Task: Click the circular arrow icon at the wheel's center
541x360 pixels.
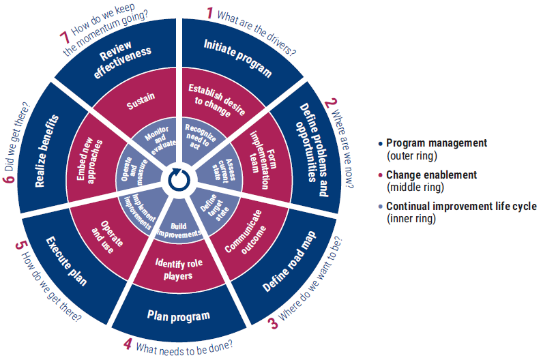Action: click(179, 179)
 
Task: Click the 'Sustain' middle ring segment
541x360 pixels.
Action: click(141, 100)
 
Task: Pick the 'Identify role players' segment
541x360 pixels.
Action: click(179, 269)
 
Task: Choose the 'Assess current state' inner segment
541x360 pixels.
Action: click(222, 170)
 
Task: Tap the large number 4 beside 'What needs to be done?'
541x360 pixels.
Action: click(128, 344)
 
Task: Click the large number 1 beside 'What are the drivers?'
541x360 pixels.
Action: click(209, 13)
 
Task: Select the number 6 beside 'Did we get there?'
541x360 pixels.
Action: click(10, 178)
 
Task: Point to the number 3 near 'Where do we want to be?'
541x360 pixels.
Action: click(273, 323)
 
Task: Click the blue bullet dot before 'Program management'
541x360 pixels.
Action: click(380, 143)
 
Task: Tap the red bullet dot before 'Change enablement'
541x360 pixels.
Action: click(380, 175)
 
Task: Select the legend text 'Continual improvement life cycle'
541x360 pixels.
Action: click(461, 206)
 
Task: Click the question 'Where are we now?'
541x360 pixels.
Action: click(342, 149)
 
